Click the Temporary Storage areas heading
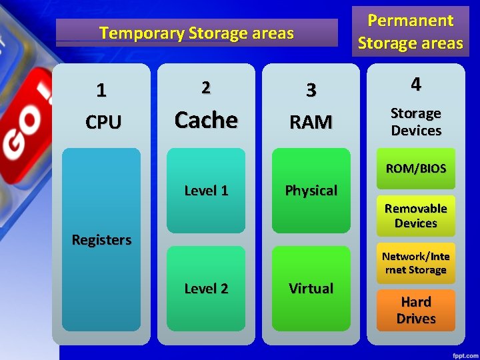pyautogui.click(x=197, y=33)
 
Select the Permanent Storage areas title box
pyautogui.click(x=410, y=31)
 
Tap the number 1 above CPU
pyautogui.click(x=101, y=90)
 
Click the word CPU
pyautogui.click(x=103, y=122)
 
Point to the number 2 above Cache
pyautogui.click(x=206, y=87)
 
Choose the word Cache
pyautogui.click(x=206, y=120)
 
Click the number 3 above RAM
pyautogui.click(x=311, y=90)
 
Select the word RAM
pyautogui.click(x=311, y=122)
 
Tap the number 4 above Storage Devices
pyautogui.click(x=416, y=84)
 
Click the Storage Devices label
pyautogui.click(x=416, y=122)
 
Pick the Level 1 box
pyautogui.click(x=206, y=191)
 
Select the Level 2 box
pyautogui.click(x=206, y=289)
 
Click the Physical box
pyautogui.click(x=311, y=191)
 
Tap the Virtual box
pyautogui.click(x=311, y=289)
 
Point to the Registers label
pyautogui.click(x=101, y=239)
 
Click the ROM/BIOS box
pyautogui.click(x=416, y=169)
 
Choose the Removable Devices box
pyautogui.click(x=416, y=216)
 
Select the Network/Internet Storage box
pyautogui.click(x=416, y=263)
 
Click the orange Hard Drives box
pyautogui.click(x=416, y=310)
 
